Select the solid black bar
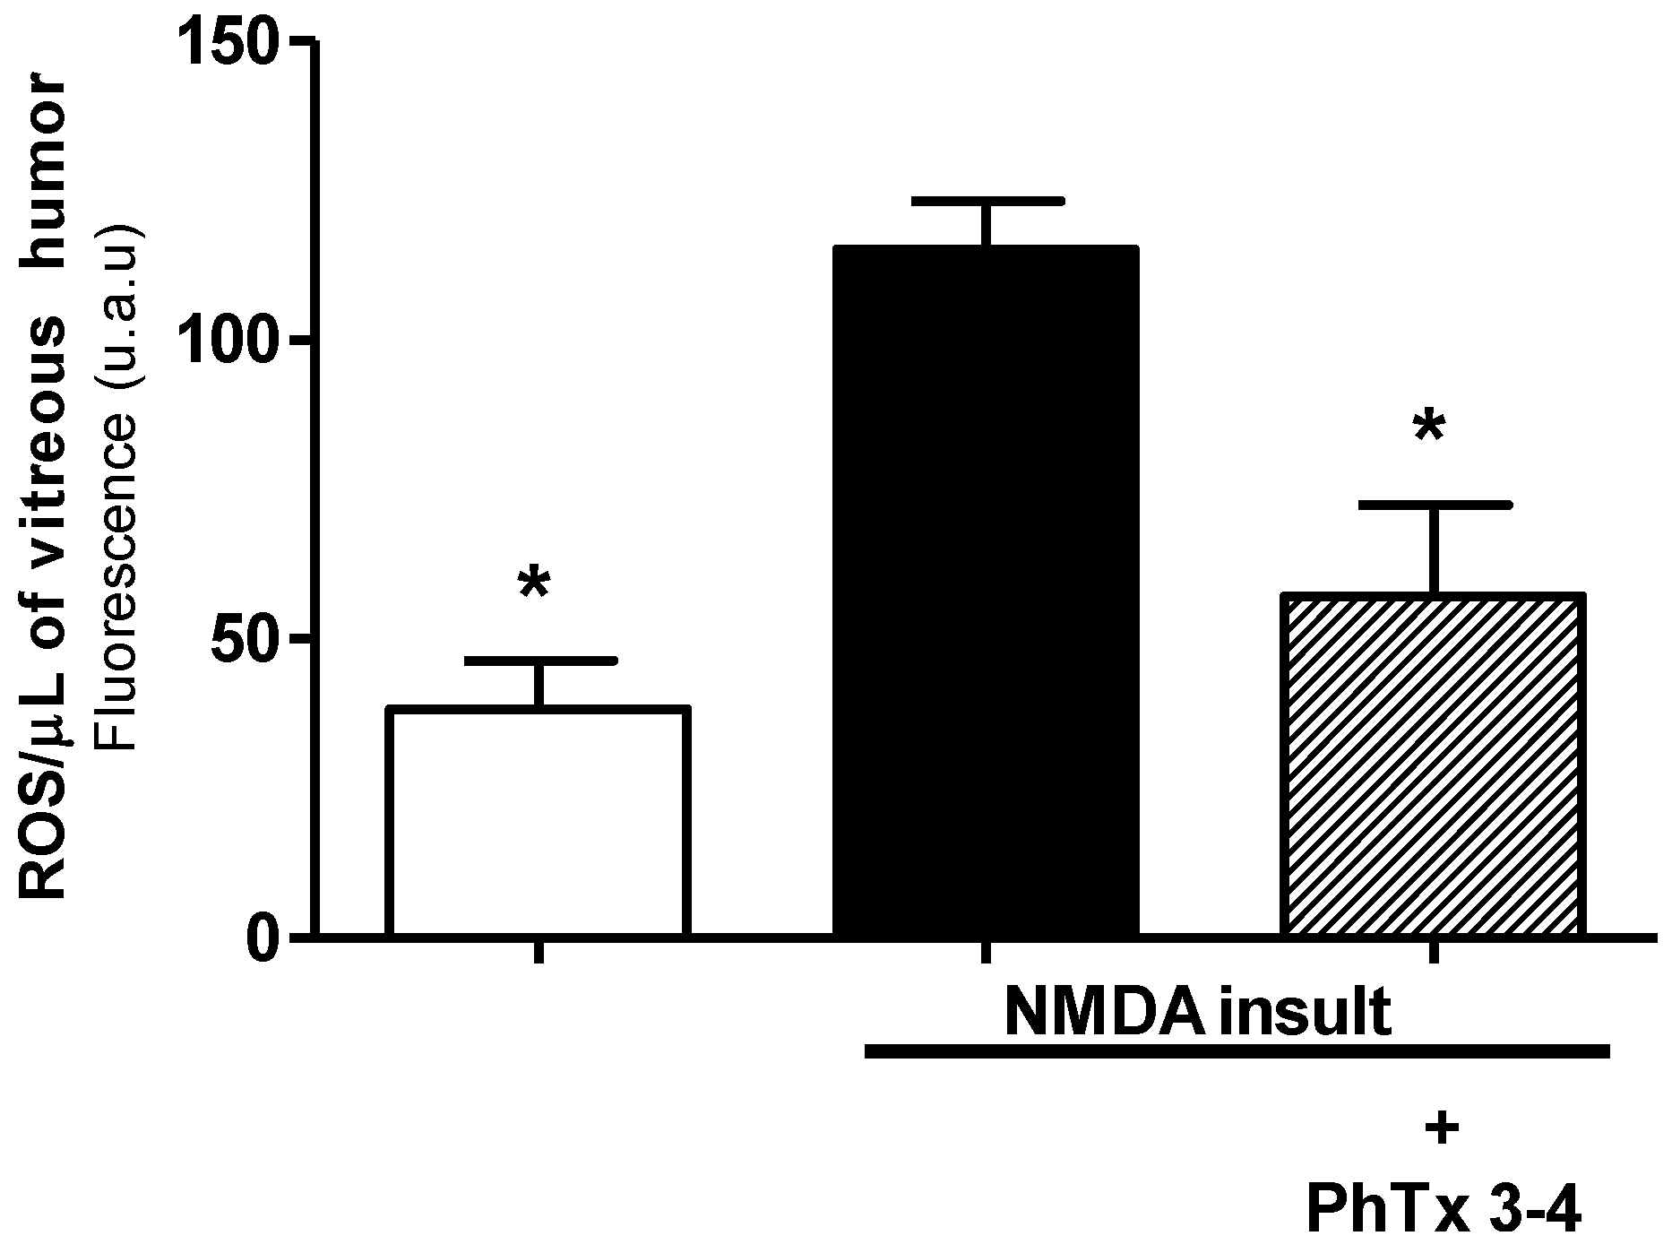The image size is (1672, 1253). coord(986,592)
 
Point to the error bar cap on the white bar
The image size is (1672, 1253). coord(540,661)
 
